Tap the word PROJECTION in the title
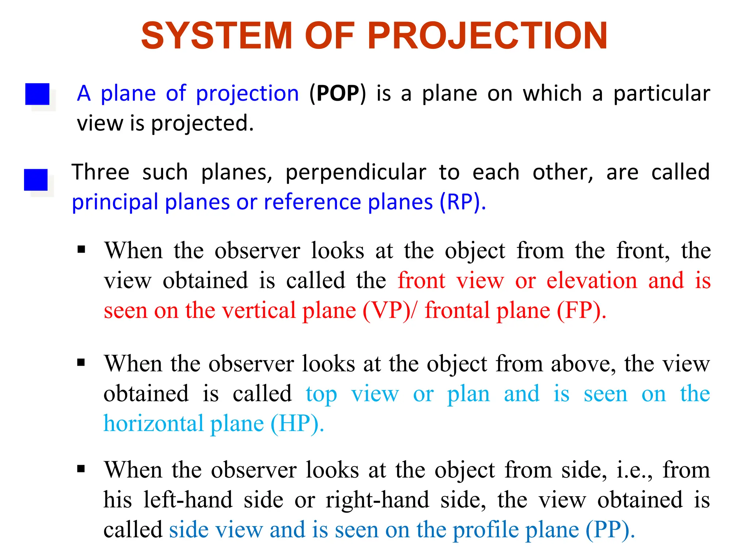pos(488,36)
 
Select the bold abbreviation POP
pos(338,94)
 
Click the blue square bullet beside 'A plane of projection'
pos(37,94)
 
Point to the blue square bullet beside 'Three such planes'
pos(36,179)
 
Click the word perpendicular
pos(356,173)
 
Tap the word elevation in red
pos(592,281)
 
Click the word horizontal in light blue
pos(154,424)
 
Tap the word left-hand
pos(188,500)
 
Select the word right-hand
pos(378,500)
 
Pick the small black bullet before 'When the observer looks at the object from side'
pos(81,469)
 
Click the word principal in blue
pos(115,203)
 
